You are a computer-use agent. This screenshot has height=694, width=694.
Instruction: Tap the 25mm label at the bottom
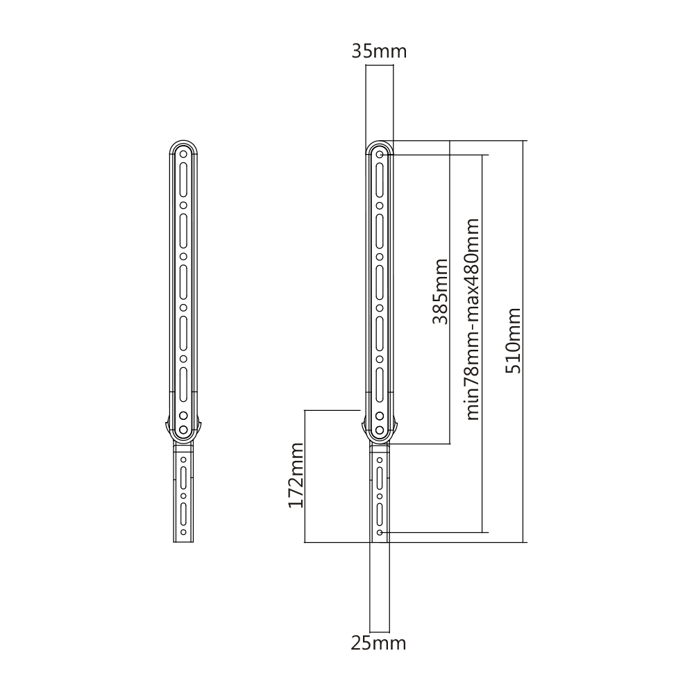tap(378, 643)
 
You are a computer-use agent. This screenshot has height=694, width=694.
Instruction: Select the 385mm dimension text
tap(439, 291)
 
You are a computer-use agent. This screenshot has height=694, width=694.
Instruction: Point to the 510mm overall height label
tap(513, 340)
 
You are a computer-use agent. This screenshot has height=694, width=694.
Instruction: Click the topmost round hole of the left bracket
tap(183, 154)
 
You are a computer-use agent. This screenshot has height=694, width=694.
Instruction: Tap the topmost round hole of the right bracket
tap(380, 154)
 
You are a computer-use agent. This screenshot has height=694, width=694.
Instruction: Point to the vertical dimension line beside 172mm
tap(305, 475)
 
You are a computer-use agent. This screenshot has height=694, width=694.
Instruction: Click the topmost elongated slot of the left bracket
tap(183, 179)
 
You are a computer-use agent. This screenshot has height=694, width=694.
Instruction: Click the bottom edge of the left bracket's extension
tap(183, 542)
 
